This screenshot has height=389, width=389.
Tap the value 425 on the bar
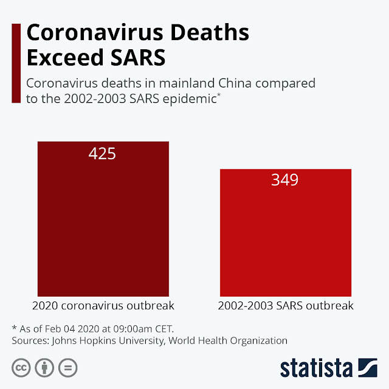(102, 154)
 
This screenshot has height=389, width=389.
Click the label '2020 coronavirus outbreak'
(102, 305)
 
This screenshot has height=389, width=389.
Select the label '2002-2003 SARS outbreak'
(286, 305)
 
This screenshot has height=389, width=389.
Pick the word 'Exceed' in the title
(60, 59)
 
